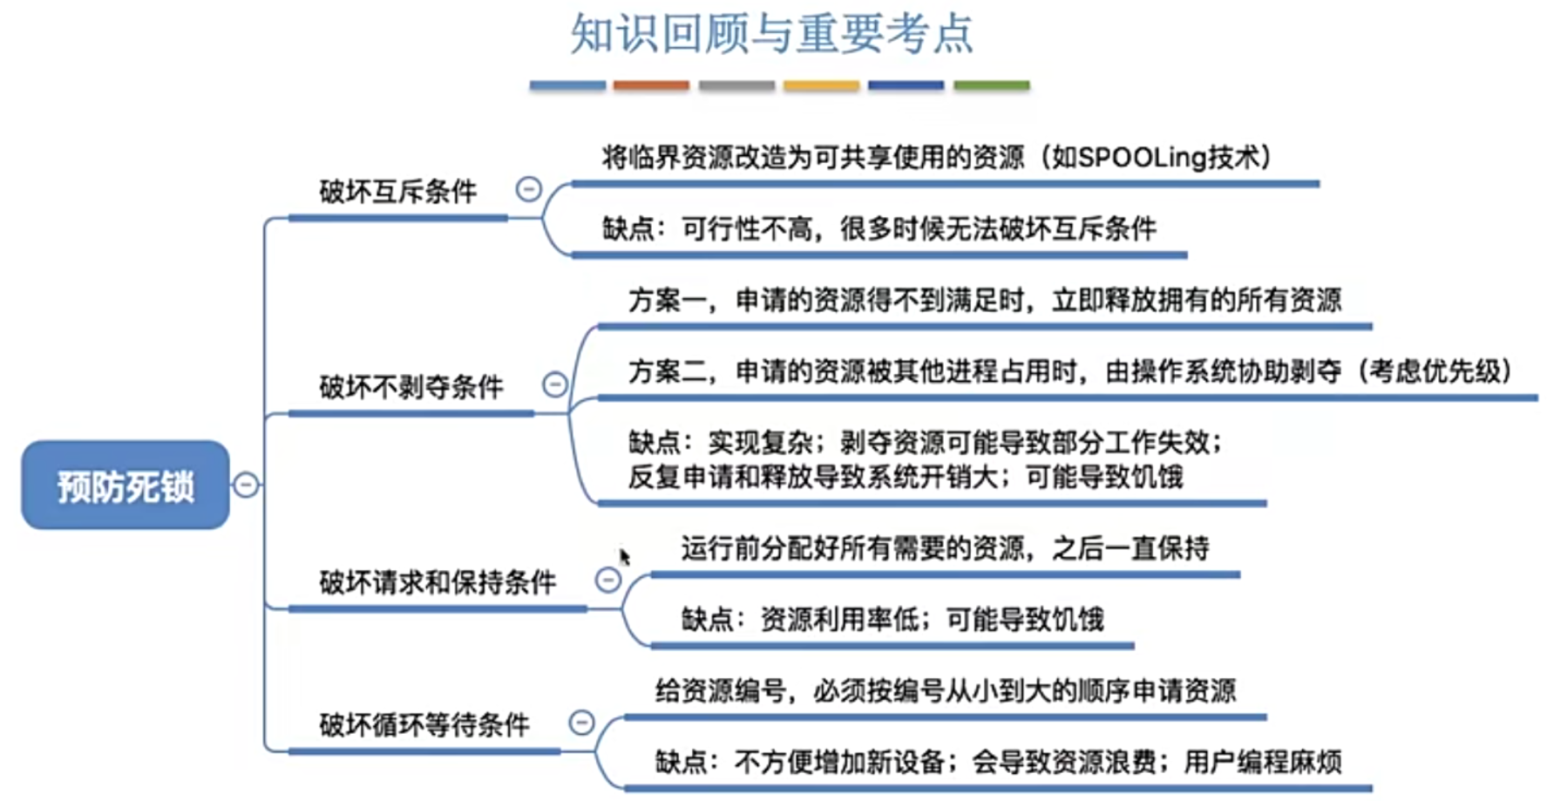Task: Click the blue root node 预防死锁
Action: coord(126,485)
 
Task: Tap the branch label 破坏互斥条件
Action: coord(397,192)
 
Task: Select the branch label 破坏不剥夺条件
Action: coord(410,387)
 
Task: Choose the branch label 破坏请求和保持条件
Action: coord(437,582)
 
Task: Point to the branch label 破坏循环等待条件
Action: coord(424,725)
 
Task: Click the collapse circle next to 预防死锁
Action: coord(247,485)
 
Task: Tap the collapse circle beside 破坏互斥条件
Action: coord(529,189)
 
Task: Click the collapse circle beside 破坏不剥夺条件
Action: coord(555,384)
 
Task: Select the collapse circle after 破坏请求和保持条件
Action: coord(608,580)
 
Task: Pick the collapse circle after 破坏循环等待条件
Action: coord(581,723)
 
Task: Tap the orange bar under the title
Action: coord(651,85)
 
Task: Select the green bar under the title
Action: coord(991,85)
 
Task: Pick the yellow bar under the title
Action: coord(821,85)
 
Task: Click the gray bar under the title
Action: coord(736,85)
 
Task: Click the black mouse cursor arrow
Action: coord(624,556)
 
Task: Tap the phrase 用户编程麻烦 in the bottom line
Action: coord(1262,763)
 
